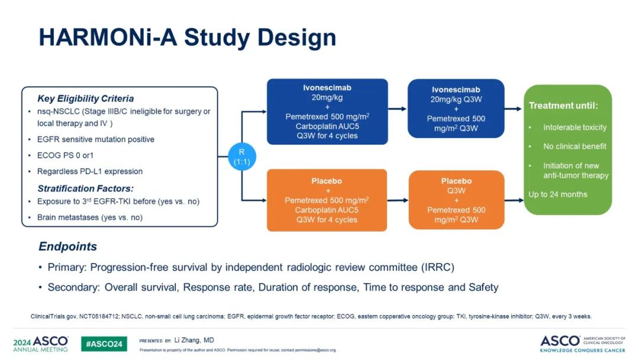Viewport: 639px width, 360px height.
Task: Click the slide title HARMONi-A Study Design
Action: click(x=187, y=37)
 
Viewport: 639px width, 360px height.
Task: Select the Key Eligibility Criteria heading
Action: click(x=86, y=99)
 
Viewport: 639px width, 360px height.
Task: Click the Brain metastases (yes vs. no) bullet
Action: click(x=90, y=217)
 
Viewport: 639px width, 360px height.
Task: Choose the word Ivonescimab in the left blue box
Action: click(x=327, y=88)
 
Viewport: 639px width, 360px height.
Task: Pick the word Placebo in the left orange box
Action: click(x=327, y=181)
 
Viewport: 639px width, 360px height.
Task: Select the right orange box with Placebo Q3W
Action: click(x=456, y=200)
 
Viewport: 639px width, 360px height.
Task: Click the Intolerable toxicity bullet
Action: click(x=575, y=127)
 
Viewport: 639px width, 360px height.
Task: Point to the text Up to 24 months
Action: click(x=558, y=194)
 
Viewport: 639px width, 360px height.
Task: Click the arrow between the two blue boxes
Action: click(x=398, y=109)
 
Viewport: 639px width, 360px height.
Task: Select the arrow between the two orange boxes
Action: click(x=398, y=200)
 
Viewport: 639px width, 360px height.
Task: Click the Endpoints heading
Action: click(x=67, y=246)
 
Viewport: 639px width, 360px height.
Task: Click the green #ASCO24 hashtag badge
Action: click(x=104, y=343)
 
